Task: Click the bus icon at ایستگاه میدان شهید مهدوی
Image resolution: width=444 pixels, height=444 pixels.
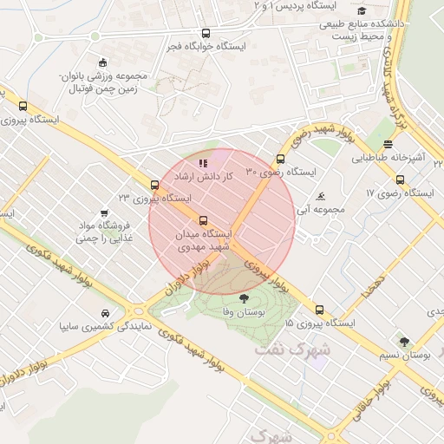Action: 204,220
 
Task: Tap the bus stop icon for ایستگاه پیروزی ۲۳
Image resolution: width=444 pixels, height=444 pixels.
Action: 154,185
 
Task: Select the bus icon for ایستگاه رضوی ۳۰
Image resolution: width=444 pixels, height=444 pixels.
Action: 279,159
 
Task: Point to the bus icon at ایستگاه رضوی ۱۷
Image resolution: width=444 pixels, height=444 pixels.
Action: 400,180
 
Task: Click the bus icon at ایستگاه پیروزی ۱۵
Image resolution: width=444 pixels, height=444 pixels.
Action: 319,310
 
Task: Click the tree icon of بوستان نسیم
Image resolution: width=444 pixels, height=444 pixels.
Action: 404,341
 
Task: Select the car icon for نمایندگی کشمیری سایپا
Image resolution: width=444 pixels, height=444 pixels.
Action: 104,313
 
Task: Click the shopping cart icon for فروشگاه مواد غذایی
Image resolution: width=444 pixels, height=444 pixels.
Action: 104,212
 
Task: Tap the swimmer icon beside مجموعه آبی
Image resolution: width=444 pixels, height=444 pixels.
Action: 322,197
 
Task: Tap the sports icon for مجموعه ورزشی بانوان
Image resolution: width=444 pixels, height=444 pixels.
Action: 102,62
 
